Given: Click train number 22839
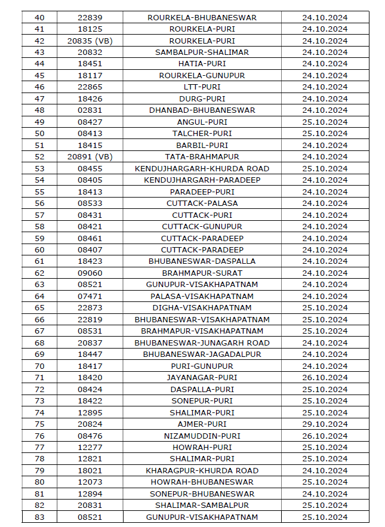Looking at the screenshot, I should click(90, 17).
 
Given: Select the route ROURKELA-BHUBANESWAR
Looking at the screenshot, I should click(202, 17).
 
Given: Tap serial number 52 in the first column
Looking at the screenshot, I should click(40, 157).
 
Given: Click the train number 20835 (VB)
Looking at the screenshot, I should click(90, 41).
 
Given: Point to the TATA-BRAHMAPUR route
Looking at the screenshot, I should click(202, 157).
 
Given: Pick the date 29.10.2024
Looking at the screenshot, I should click(325, 424).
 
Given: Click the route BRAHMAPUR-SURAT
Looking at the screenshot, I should click(202, 273).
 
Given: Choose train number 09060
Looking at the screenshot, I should click(90, 273).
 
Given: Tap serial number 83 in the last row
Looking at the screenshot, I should click(40, 517).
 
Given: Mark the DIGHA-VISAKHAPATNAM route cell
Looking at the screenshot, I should click(202, 308).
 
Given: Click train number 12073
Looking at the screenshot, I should click(90, 482).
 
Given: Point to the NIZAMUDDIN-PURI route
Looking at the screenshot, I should click(202, 436).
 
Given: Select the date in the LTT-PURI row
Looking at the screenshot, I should click(325, 87).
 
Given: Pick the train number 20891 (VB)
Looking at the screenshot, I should click(90, 157).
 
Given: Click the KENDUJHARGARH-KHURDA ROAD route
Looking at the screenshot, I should click(202, 168).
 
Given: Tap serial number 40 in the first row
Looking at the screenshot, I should click(40, 17).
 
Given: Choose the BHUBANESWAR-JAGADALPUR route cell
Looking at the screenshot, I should click(202, 355).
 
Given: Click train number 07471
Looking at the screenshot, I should click(90, 297).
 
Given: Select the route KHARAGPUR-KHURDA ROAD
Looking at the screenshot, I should click(202, 471).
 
